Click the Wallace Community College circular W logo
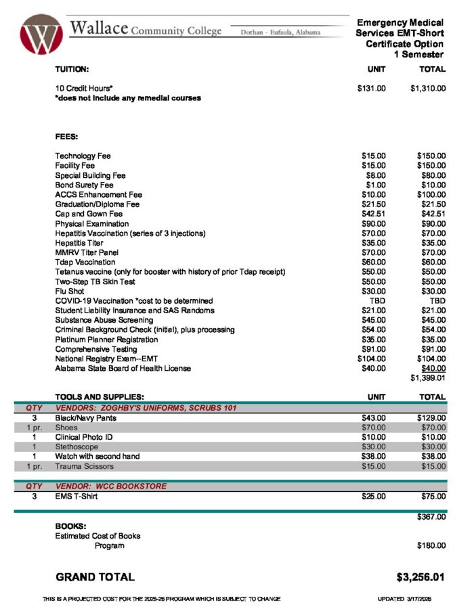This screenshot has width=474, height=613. point(41,35)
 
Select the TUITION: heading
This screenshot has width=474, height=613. point(72,69)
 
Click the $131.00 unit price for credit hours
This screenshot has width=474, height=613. point(371,88)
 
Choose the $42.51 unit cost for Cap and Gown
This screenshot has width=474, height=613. point(373,214)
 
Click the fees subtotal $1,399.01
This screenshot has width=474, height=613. point(428,378)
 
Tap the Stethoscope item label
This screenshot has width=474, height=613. point(77,447)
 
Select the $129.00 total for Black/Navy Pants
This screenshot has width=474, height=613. point(431,418)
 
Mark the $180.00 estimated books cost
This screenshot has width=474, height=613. point(431,545)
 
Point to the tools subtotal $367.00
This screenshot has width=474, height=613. point(431,517)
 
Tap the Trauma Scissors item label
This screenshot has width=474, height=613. point(85,466)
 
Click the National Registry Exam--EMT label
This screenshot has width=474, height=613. point(106,359)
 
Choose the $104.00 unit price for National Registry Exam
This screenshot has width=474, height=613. point(371,359)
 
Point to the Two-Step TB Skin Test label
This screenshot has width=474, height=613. point(95,281)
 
